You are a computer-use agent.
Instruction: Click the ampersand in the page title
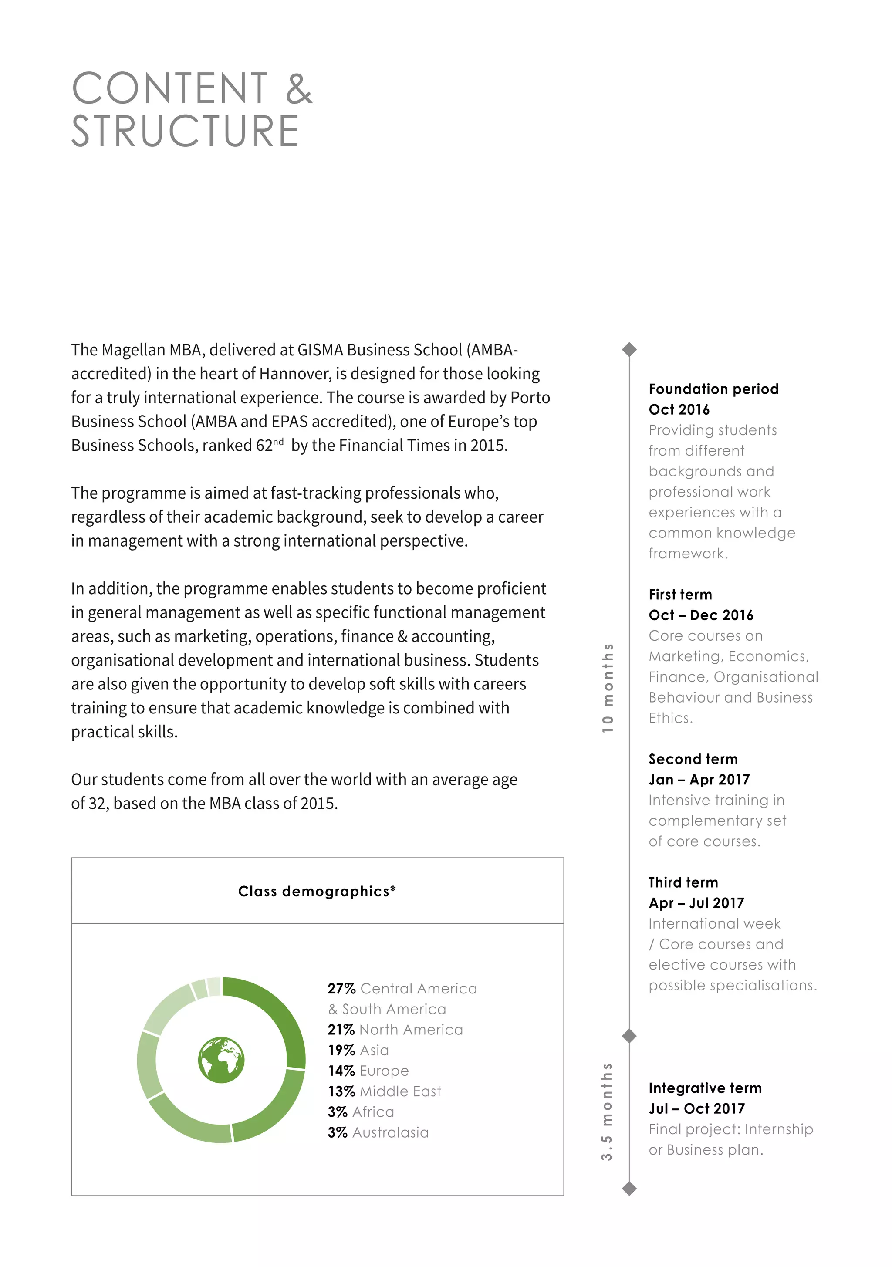pos(299,88)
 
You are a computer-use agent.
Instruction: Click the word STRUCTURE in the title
pos(186,132)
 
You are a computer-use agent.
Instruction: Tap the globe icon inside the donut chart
pos(221,1060)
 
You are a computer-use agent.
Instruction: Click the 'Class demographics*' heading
pos(317,891)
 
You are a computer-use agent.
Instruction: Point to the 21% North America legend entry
pos(395,1030)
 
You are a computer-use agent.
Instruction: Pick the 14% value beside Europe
pos(341,1071)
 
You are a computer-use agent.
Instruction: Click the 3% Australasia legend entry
pos(378,1132)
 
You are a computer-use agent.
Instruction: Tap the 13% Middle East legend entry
pos(384,1091)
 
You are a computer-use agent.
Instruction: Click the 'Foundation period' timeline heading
pos(713,389)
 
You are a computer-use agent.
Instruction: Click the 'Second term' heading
pos(693,759)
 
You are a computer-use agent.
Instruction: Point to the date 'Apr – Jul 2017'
pos(696,903)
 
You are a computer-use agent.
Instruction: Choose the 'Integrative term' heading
pos(705,1088)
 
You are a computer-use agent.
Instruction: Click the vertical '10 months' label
pos(607,688)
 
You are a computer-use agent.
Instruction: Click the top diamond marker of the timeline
pos(628,349)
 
